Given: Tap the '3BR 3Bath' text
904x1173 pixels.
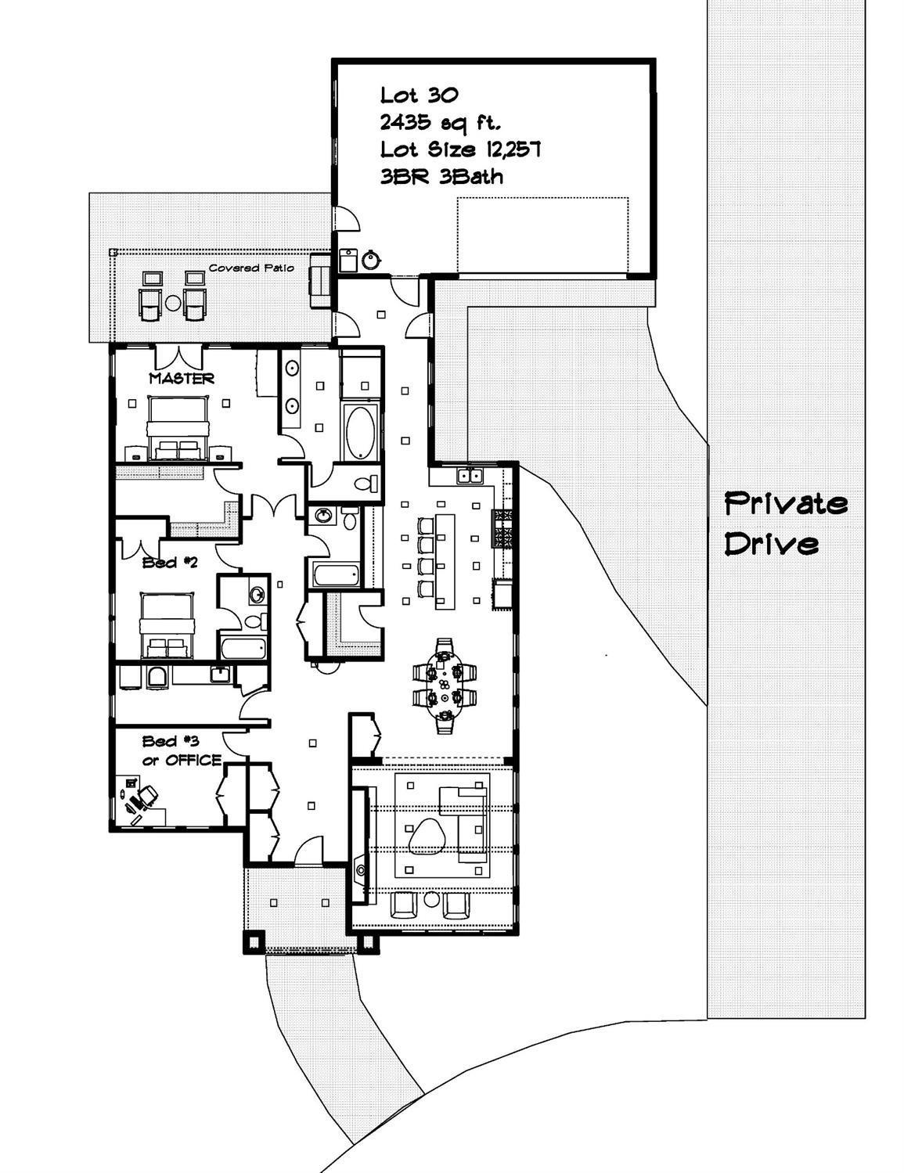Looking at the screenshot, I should [x=441, y=177].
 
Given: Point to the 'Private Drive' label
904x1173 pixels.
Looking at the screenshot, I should [x=785, y=523].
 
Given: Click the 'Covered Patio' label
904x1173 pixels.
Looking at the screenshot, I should [x=251, y=268].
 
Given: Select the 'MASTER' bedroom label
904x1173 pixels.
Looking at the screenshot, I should [x=182, y=379].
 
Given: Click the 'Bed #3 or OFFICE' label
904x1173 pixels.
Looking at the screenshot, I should [x=182, y=750].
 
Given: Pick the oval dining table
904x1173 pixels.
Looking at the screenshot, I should [x=445, y=685].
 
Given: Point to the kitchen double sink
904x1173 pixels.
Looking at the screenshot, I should [x=470, y=475].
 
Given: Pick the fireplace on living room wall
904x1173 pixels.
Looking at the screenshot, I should [x=359, y=869].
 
